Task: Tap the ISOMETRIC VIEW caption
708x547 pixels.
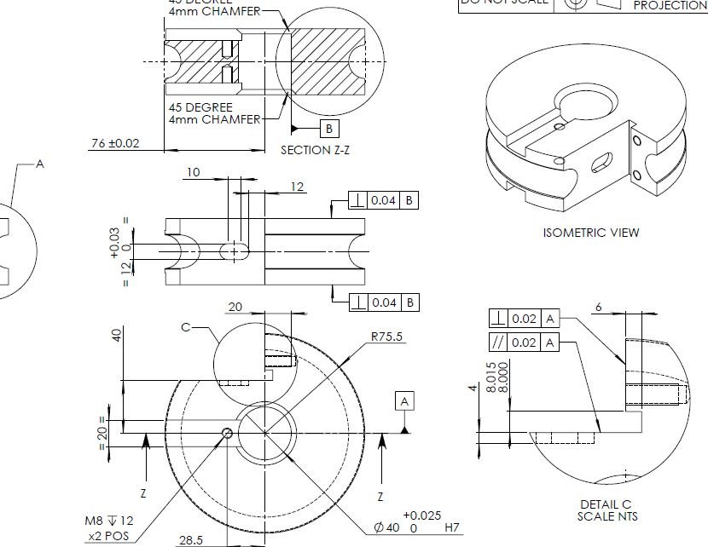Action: [590, 232]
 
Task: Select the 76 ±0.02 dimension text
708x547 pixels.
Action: [114, 143]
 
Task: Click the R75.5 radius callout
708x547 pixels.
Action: [387, 337]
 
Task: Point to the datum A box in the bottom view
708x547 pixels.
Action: [405, 400]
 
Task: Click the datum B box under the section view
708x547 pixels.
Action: [329, 129]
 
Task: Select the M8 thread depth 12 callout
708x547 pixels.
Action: [108, 521]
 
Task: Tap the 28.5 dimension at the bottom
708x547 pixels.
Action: [191, 540]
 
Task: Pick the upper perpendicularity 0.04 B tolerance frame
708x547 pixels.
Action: [385, 200]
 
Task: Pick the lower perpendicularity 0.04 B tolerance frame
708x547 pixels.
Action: [385, 302]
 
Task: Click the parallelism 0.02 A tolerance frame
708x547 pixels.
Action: [525, 342]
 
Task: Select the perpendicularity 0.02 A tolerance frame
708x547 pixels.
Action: [525, 318]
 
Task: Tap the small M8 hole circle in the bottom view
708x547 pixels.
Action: [227, 433]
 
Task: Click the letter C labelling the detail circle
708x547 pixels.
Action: [185, 326]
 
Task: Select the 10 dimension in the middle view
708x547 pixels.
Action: [194, 173]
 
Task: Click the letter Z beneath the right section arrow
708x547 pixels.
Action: [380, 496]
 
